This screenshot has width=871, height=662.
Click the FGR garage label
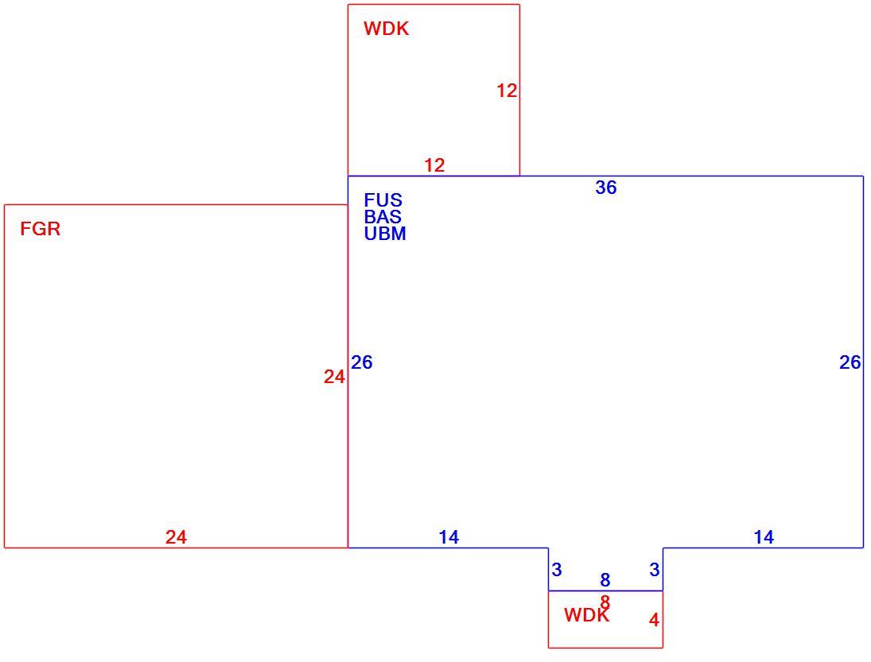pos(40,229)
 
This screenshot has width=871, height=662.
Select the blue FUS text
pos(383,199)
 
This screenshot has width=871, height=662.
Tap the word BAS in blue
pos(383,216)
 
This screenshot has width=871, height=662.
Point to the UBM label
pos(385,234)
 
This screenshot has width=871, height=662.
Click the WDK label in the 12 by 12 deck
pos(386,29)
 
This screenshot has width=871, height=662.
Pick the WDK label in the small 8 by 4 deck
pos(586,615)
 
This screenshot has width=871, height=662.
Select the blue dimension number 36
pos(606,188)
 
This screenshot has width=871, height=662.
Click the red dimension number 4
pos(655,620)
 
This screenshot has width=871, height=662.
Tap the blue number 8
pos(605,580)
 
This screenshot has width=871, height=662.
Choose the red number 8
pos(605,602)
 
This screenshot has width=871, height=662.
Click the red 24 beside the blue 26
pos(334,377)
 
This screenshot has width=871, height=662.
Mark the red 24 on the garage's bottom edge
pos(176,537)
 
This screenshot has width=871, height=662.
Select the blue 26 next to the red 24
pos(362,362)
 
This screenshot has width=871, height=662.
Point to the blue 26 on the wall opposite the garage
pos(850,362)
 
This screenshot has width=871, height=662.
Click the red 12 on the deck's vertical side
pos(507,91)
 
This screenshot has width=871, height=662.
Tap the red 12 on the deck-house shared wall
pos(434,165)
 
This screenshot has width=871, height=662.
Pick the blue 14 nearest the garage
pos(449,537)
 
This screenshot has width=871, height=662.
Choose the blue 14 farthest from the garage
pos(764,537)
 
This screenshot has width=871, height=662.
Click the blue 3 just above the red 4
pos(655,569)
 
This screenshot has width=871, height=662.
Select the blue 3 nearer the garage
pos(557,569)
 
